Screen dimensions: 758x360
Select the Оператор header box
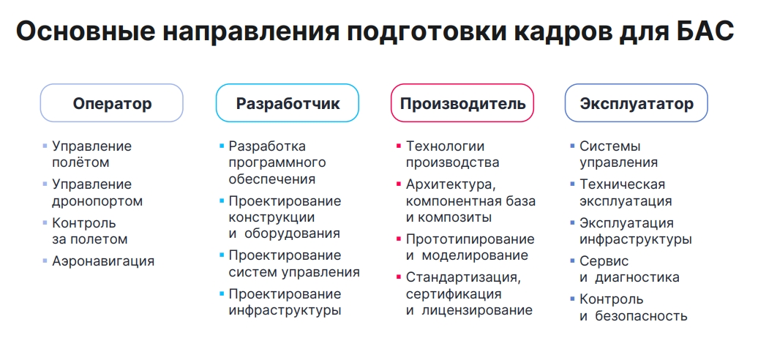[112, 103]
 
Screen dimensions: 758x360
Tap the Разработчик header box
[287, 103]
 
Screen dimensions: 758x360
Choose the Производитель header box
[462, 103]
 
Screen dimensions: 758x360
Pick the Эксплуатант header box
[637, 103]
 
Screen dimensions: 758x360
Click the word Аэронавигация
[103, 261]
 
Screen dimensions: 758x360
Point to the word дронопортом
[97, 201]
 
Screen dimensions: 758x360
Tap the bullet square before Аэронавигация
[45, 261]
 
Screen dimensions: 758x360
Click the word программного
[277, 163]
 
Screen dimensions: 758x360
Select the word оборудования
[292, 233]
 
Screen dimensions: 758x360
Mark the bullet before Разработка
[222, 146]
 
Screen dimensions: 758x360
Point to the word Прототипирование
[470, 239]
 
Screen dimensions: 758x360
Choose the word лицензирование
[477, 310]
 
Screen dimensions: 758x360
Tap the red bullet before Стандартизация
[399, 277]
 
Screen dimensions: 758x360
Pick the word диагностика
[637, 278]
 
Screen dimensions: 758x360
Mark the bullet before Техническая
[573, 184]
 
